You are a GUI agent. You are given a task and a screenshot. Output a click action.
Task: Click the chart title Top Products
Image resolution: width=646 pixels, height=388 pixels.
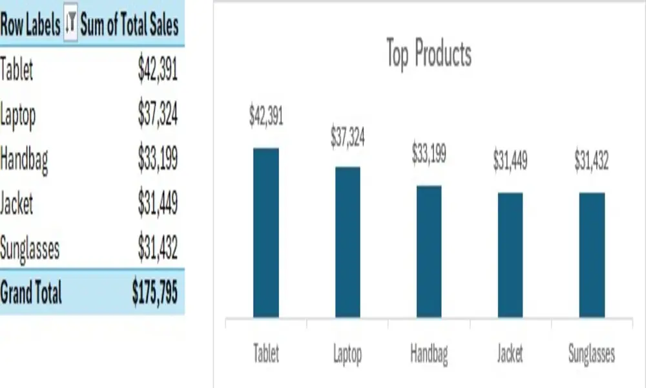[x=428, y=54]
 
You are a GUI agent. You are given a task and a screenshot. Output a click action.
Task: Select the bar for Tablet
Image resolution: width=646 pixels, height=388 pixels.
[x=266, y=233]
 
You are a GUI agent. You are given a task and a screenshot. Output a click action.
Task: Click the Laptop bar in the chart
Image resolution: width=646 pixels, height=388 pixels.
[x=348, y=242]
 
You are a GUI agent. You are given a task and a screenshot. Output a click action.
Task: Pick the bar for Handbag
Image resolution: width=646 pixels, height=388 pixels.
[x=429, y=252]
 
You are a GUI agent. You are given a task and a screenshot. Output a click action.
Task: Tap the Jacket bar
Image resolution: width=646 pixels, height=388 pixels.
[x=510, y=255]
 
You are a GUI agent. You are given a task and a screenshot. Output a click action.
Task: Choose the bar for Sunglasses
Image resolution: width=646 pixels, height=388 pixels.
[x=592, y=255]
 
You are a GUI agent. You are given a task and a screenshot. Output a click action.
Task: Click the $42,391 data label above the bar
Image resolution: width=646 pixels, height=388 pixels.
[x=266, y=116]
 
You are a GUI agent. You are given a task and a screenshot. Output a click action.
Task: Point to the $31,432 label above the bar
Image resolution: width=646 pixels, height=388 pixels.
[x=592, y=161]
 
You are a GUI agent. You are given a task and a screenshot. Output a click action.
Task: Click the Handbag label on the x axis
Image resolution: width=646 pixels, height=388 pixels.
[x=429, y=354]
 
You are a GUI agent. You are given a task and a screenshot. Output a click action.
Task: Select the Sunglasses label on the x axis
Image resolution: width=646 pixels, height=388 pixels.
[x=592, y=354]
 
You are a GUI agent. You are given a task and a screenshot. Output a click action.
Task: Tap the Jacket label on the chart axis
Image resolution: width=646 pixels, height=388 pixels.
[x=510, y=354]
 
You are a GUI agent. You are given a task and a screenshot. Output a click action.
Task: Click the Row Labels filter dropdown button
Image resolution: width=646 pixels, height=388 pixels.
[x=71, y=25]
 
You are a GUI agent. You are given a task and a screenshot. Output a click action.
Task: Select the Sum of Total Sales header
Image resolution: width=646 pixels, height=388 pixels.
[x=129, y=25]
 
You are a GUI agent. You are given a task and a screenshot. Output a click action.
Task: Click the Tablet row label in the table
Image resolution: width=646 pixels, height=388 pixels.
[x=17, y=70]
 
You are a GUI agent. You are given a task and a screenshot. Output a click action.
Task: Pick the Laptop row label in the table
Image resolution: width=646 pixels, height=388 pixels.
[x=18, y=116]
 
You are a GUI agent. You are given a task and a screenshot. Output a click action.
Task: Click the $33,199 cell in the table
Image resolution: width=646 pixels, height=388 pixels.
[x=158, y=160]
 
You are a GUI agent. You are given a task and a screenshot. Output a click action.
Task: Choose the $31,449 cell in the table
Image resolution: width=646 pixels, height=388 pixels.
[x=158, y=204]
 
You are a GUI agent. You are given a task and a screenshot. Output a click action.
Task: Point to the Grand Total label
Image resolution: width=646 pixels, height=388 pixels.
[x=31, y=294]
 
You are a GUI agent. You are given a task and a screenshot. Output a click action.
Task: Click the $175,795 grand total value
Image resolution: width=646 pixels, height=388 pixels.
[x=154, y=294]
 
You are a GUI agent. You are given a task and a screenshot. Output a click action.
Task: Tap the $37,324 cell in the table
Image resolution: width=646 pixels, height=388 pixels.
[x=158, y=116]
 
